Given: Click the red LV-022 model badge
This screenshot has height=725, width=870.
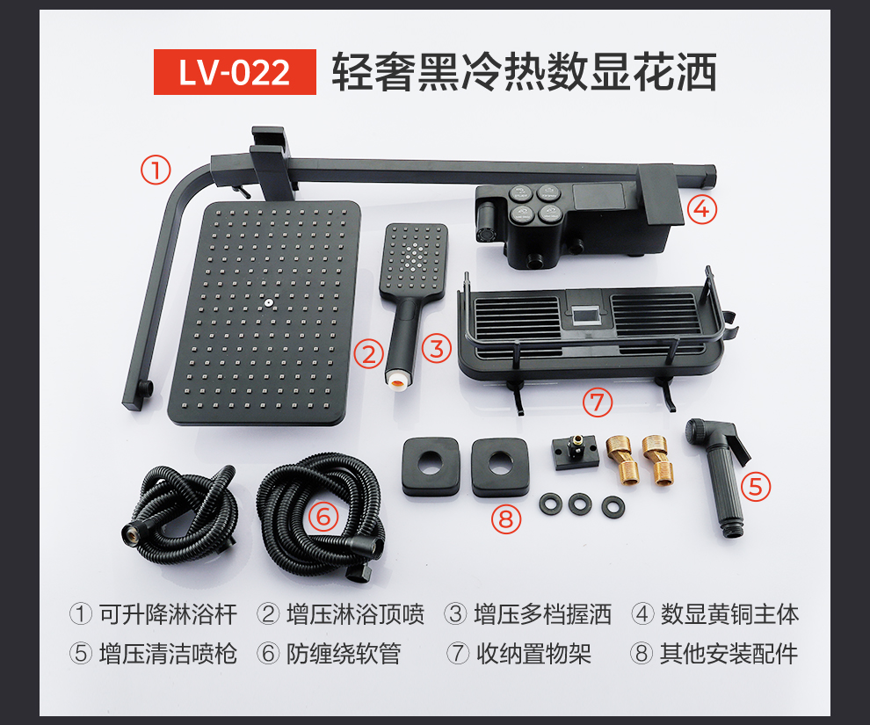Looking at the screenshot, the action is click(x=235, y=72).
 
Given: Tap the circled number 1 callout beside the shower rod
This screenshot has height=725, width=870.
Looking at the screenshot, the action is click(x=156, y=170).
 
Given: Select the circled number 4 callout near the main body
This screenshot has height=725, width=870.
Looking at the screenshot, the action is click(x=702, y=209).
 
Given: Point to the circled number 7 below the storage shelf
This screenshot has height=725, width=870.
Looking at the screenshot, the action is click(x=598, y=402).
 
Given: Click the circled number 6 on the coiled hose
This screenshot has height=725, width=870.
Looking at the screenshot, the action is click(x=323, y=518).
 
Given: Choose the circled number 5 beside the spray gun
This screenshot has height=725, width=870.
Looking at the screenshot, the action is click(x=756, y=487).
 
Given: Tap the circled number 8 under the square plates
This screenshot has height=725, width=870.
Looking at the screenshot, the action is click(x=506, y=519).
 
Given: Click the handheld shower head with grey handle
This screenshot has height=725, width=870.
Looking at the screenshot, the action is click(x=411, y=301).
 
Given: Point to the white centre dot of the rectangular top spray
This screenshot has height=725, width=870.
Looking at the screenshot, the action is click(x=269, y=302).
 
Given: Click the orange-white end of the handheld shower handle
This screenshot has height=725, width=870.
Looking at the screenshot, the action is click(x=398, y=379).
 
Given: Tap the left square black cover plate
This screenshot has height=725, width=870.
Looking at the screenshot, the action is click(x=431, y=467).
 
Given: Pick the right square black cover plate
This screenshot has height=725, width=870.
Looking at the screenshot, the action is click(x=500, y=467).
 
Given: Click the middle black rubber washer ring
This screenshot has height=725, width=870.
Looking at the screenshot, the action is click(x=580, y=504).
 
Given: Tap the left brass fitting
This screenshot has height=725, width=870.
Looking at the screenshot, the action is click(x=621, y=459).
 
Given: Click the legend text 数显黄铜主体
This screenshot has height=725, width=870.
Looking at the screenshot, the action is click(x=729, y=614).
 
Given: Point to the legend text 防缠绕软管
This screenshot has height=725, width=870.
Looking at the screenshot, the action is click(x=344, y=654).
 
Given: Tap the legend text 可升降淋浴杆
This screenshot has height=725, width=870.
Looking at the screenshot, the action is click(x=168, y=614).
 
